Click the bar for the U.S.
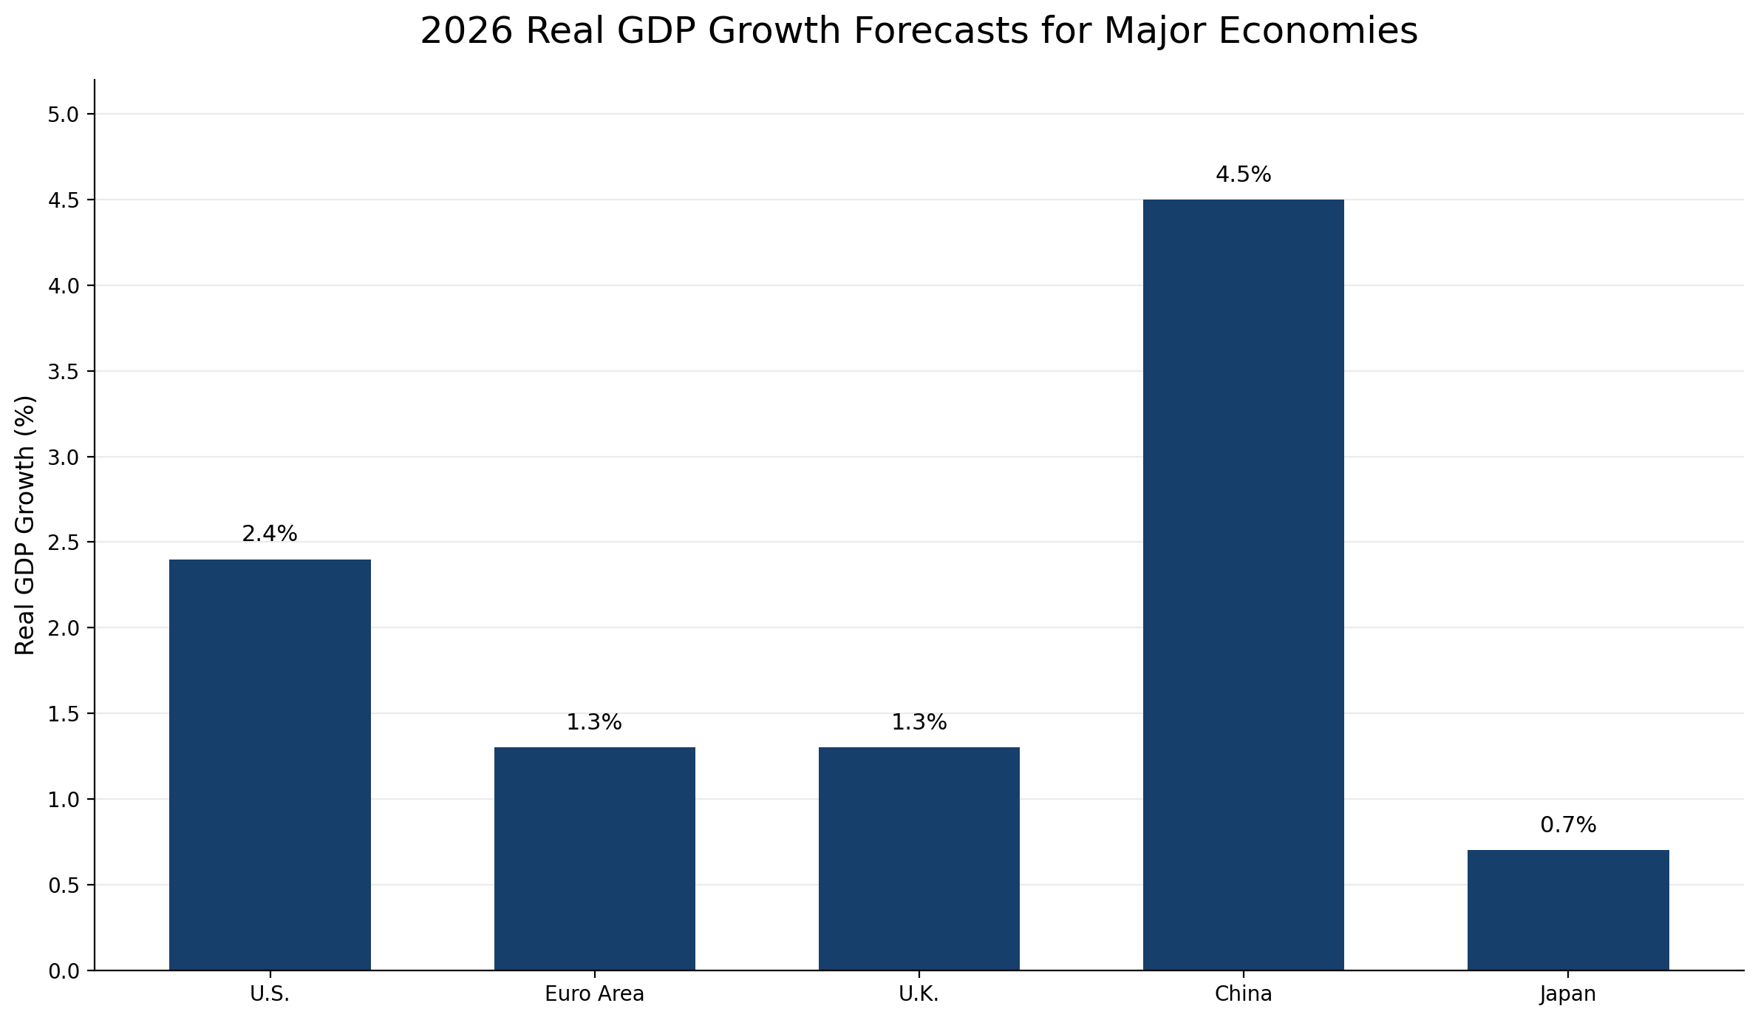270,764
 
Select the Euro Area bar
594,858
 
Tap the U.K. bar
919,858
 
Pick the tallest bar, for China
1243,584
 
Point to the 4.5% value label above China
1243,175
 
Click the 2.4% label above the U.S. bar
270,534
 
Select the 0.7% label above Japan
1567,825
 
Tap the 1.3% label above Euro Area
594,722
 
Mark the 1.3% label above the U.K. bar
919,722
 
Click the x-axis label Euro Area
594,994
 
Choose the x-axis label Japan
1567,994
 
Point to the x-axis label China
1243,994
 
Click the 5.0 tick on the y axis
64,115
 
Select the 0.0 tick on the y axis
64,971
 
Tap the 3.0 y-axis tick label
64,458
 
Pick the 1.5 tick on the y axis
64,714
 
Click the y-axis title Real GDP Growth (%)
25,525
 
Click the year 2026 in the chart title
466,32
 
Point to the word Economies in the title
1318,32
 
